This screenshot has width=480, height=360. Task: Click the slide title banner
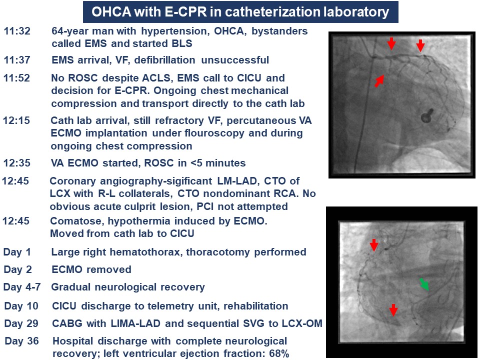(240, 12)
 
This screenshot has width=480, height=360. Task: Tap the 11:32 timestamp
(17, 31)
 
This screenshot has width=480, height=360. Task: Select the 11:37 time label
(17, 59)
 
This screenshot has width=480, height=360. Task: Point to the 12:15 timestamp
(16, 120)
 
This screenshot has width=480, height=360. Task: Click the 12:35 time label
(17, 163)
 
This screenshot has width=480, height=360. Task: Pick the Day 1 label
(17, 252)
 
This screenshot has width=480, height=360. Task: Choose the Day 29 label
(21, 323)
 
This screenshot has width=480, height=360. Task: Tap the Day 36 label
(21, 341)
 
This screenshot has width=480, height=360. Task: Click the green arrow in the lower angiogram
(424, 284)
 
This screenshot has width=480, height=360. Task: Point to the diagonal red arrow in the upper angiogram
(379, 81)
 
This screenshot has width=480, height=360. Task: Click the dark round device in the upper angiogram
(426, 115)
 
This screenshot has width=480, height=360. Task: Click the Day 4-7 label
(21, 287)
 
